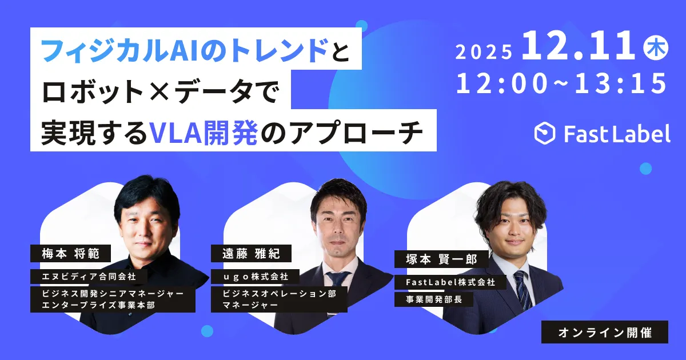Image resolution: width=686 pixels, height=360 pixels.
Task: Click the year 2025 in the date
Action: coord(484,51)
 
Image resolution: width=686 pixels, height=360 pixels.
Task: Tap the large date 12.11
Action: coord(578,45)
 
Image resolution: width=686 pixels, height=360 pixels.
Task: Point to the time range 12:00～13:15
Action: coord(561,83)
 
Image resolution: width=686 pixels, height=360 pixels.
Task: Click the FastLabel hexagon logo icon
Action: coord(544,133)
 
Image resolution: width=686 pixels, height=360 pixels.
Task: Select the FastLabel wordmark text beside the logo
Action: coord(617,134)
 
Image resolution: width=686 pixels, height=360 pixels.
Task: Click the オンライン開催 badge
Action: coord(605,332)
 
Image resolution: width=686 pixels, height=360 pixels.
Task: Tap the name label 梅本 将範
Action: coord(70,254)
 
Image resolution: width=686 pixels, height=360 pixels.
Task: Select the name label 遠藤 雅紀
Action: coord(251,254)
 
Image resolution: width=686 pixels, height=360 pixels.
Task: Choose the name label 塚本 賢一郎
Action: coord(441,259)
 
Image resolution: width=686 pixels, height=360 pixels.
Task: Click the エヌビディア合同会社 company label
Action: coord(89,277)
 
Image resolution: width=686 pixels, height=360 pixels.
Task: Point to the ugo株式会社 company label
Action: coord(255,277)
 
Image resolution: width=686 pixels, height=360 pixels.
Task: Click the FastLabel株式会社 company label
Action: coord(450,282)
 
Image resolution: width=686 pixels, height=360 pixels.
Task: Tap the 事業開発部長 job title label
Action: coord(434,299)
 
